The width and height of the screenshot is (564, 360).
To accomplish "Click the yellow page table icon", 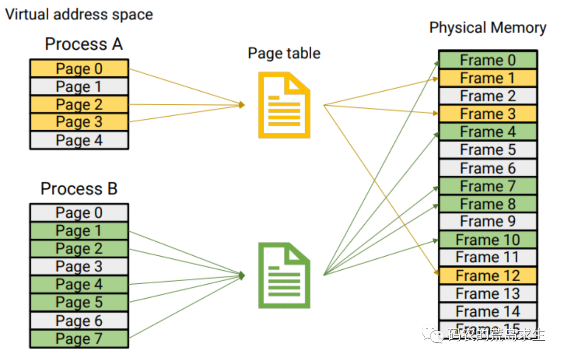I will tap(284, 105).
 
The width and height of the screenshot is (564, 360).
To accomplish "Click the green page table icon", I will tap(284, 275).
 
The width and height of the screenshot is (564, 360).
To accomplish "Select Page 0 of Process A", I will tap(79, 69).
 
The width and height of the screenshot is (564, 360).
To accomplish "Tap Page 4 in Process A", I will tap(79, 141).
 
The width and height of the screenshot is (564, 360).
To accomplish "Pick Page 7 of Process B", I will tap(79, 339).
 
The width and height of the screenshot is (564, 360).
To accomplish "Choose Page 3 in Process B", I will tap(79, 267).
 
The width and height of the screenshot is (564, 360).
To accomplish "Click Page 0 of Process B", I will tap(79, 213).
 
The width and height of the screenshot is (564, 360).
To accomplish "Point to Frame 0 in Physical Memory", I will tap(488, 60).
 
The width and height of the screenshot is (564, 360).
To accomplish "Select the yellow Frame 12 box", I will tap(488, 275).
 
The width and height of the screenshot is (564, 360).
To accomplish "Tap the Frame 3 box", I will tap(488, 114).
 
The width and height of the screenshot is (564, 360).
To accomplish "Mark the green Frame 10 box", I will tap(488, 240).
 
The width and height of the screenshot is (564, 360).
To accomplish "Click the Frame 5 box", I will tap(488, 150).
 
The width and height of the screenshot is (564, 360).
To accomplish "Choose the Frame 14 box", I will tap(488, 311).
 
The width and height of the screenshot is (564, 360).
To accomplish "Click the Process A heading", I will tap(84, 44).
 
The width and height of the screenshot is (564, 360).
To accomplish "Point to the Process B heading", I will tap(79, 188).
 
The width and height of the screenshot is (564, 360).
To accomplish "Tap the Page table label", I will tap(284, 53).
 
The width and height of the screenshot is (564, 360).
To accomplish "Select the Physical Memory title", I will tap(488, 27).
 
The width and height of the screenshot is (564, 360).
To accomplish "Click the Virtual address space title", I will tap(79, 14).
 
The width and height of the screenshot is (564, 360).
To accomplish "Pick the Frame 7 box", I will tap(488, 186).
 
